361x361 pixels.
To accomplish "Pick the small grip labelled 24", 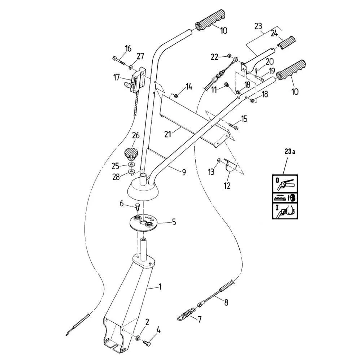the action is [286, 43].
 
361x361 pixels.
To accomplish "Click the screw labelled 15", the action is [234, 126].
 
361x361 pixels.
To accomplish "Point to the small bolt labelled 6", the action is [138, 207].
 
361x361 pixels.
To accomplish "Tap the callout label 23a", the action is [290, 152].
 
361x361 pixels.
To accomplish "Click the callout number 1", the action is [160, 287].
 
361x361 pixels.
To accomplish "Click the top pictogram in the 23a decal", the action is [285, 183].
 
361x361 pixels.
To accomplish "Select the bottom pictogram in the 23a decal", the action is [285, 211].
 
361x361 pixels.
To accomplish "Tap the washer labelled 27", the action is [131, 67].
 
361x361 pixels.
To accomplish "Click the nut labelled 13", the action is [219, 161].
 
